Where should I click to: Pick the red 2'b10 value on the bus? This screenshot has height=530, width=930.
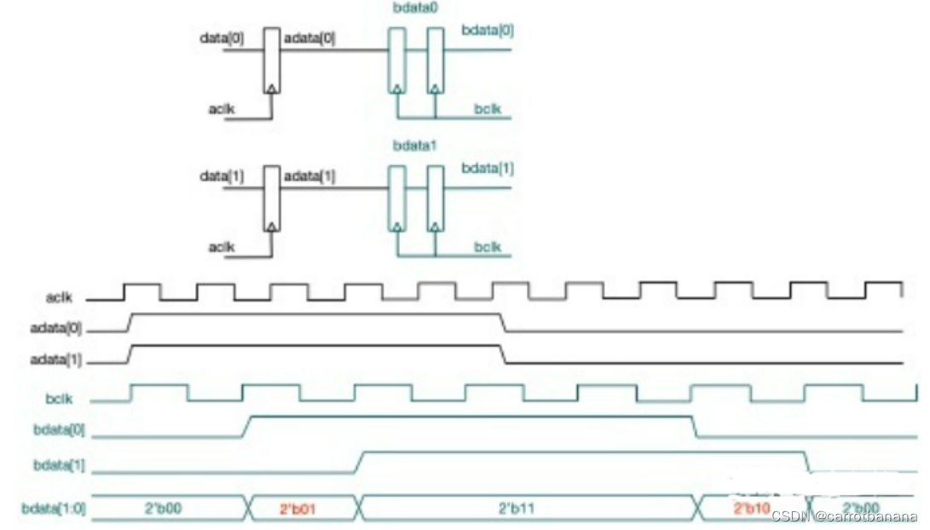point(751,509)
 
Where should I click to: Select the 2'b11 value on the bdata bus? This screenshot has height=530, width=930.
point(517,509)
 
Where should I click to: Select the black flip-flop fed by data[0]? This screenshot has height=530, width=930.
point(271,60)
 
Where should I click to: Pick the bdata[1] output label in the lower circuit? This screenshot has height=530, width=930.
point(488,169)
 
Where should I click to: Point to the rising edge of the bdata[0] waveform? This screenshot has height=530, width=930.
point(245,426)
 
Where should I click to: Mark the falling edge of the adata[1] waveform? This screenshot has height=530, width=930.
point(503,354)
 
